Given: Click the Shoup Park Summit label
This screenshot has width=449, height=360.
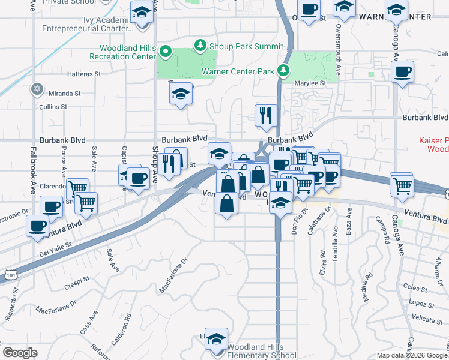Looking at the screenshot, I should [x=246, y=46].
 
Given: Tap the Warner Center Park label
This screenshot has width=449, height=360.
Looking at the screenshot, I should [x=238, y=72].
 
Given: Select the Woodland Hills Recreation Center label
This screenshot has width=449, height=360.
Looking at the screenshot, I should [x=122, y=52].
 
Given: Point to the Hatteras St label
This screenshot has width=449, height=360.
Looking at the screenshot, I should [x=85, y=74].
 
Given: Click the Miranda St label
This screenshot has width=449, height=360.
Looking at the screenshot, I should [x=65, y=94].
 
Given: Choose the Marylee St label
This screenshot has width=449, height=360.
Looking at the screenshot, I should [x=309, y=83].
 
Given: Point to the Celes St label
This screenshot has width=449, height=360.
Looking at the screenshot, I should [x=415, y=287].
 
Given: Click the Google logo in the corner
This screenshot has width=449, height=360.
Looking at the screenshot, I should [x=20, y=353].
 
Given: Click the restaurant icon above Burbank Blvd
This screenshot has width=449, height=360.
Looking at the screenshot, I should [x=265, y=113].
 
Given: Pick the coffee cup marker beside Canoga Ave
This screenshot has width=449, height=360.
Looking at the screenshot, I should [x=402, y=73].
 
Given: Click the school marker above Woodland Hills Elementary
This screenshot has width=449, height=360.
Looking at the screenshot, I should [x=216, y=340].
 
